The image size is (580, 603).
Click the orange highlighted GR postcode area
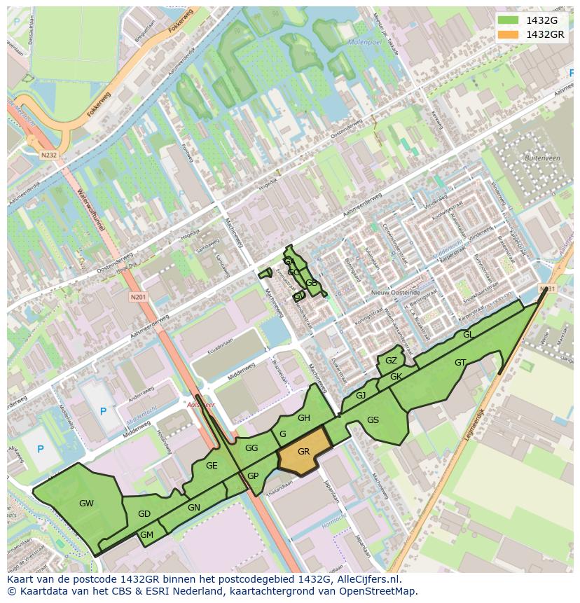click(304, 452)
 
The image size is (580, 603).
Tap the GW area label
click(86, 503)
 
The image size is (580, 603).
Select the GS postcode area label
click(373, 420)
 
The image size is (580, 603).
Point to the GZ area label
click(391, 361)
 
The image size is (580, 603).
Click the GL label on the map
click(468, 335)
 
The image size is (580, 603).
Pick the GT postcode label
click(460, 363)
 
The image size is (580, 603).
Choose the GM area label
click(146, 534)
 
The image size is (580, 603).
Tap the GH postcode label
click(303, 418)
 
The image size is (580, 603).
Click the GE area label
click(212, 466)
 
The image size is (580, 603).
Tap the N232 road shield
click(48, 155)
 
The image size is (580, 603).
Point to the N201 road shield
click(137, 297)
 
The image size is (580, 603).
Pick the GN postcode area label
click(194, 507)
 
